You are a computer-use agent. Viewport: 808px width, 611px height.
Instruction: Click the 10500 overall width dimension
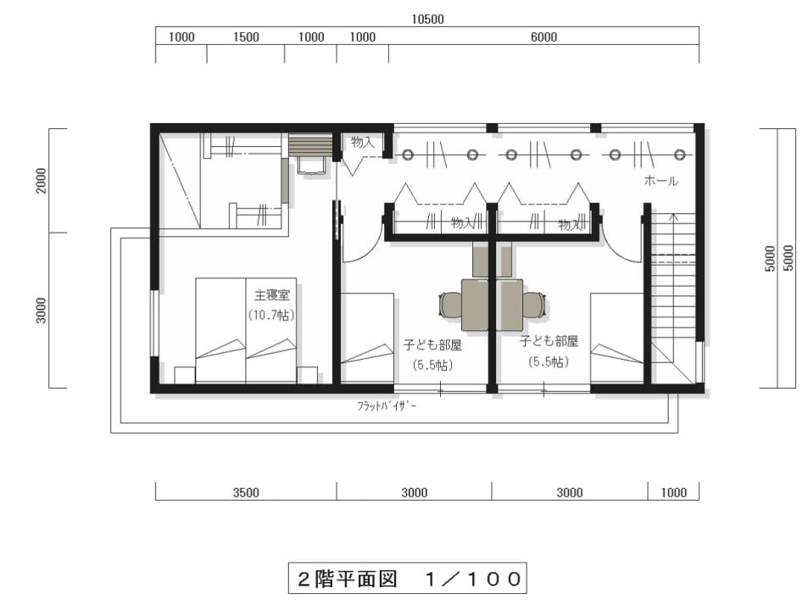click(x=427, y=19)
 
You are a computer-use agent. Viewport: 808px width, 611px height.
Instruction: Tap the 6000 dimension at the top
click(x=543, y=37)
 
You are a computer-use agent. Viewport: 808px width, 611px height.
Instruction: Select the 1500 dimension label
click(x=246, y=37)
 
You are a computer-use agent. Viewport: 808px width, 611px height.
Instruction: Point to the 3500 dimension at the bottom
click(x=246, y=492)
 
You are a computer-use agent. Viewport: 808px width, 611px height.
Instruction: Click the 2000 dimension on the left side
click(x=42, y=181)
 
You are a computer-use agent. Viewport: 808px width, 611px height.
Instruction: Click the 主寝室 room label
click(x=271, y=295)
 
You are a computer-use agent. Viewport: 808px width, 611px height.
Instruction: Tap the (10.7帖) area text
click(x=271, y=315)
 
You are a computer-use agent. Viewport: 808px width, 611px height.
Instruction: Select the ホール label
click(x=661, y=181)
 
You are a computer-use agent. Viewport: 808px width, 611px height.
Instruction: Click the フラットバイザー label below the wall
click(x=387, y=406)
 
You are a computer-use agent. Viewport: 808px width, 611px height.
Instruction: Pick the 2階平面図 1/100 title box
click(x=407, y=578)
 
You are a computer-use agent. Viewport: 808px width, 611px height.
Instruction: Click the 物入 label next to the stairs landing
click(x=362, y=142)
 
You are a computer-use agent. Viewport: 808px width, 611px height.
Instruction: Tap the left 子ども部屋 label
click(x=432, y=345)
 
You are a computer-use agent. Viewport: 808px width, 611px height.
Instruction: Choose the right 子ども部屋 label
click(x=549, y=341)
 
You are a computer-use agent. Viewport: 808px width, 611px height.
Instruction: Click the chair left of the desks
click(x=450, y=304)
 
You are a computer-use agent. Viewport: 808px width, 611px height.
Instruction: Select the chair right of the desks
click(x=534, y=304)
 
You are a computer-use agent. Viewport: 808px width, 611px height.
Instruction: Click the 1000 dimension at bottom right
click(x=673, y=492)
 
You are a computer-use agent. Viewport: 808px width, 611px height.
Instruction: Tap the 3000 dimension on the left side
click(x=42, y=311)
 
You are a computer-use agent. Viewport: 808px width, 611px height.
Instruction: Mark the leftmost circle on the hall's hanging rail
click(x=408, y=154)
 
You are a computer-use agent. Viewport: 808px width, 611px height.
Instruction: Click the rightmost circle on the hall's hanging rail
click(x=680, y=154)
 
